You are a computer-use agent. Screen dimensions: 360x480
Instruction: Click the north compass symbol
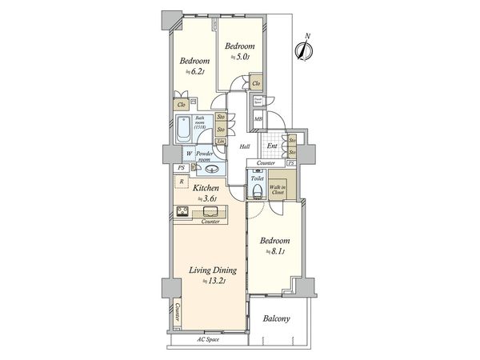pyautogui.click(x=303, y=49)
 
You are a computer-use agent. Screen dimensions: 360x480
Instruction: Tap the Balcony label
pyautogui.click(x=277, y=319)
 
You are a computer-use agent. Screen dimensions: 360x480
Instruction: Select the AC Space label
pyautogui.click(x=209, y=339)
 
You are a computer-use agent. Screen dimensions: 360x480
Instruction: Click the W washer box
pyautogui.click(x=178, y=154)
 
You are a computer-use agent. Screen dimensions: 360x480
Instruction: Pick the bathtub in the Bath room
pyautogui.click(x=184, y=128)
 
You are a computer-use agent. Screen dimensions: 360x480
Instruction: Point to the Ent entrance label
pyautogui.click(x=272, y=146)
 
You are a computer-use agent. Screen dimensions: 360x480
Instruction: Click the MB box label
pyautogui.click(x=258, y=120)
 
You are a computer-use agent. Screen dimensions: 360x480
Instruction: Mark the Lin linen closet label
pyautogui.click(x=219, y=142)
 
